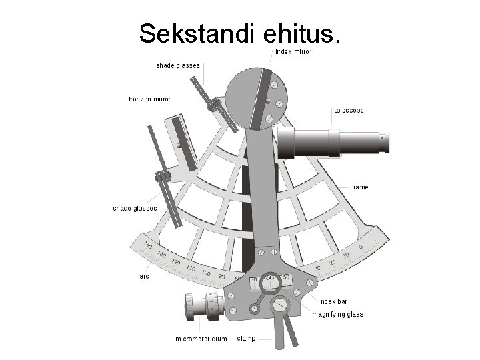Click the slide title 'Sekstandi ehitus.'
[239, 33]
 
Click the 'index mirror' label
[293, 51]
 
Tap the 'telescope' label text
[349, 110]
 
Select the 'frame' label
[360, 187]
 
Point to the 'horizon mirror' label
[149, 99]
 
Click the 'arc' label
[144, 275]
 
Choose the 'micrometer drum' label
[201, 339]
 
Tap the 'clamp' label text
[246, 338]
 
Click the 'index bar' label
[334, 301]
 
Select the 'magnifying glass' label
[337, 314]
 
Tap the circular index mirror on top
[256, 97]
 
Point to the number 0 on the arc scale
[360, 247]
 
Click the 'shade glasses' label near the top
[178, 65]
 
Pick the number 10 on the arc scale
[345, 255]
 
